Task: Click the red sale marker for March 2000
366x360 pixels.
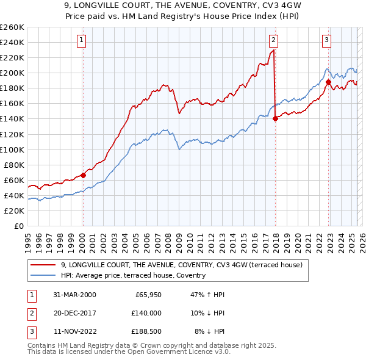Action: click(x=84, y=175)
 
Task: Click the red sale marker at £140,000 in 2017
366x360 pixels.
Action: click(x=275, y=118)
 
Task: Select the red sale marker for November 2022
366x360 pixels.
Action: click(x=328, y=81)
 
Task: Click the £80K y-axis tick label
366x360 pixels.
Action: click(x=14, y=165)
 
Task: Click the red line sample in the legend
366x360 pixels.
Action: click(x=43, y=265)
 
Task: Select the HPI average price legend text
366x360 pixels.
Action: click(x=133, y=275)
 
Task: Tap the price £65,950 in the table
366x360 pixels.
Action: click(x=146, y=295)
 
